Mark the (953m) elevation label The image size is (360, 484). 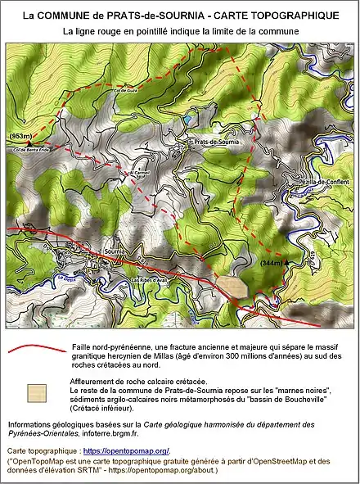point(20,135)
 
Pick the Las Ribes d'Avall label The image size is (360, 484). point(151,283)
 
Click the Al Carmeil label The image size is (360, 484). point(140,174)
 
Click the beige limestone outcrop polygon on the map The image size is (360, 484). point(231,286)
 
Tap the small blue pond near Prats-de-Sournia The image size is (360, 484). point(190,120)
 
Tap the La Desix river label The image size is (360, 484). point(61,278)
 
